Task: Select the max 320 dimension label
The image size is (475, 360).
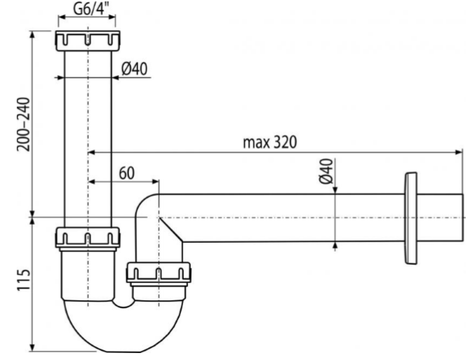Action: point(270,141)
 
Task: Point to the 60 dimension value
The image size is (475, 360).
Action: point(127,173)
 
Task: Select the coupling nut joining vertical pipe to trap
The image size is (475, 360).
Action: point(88,238)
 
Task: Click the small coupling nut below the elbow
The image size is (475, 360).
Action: point(159,272)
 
